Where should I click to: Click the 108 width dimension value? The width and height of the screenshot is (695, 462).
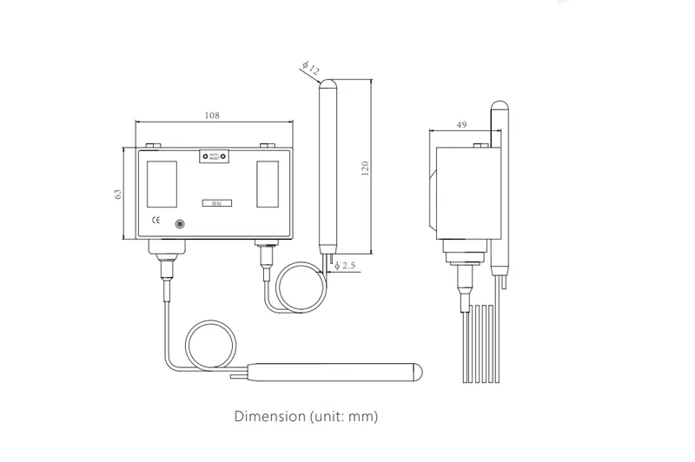coord(211,115)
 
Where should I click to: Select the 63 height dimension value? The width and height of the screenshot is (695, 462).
coord(119,195)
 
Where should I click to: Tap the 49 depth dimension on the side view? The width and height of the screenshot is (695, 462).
coord(461,125)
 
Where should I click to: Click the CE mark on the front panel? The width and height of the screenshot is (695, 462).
coord(156,221)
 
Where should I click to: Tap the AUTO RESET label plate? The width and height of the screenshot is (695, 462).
coord(214,156)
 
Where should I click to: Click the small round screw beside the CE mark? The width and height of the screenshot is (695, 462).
coord(180,224)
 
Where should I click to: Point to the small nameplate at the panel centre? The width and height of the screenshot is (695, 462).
coord(214,203)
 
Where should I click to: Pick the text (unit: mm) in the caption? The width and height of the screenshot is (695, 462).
coord(343,416)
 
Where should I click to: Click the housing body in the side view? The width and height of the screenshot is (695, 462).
coord(467,191)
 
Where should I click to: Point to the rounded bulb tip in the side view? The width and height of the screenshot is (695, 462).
coord(500,107)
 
